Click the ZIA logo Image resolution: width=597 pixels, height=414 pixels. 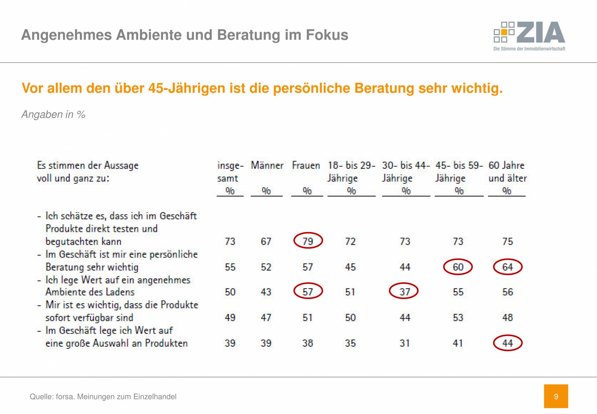(x=529, y=35)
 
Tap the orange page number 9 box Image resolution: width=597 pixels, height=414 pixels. (x=556, y=396)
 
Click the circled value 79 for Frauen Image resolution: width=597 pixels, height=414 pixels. (x=308, y=241)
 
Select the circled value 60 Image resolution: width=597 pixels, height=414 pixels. (x=458, y=267)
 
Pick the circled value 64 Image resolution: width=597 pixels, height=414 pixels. (x=507, y=267)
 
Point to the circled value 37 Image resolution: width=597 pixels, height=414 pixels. (x=404, y=292)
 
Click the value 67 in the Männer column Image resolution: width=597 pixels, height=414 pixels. (x=266, y=241)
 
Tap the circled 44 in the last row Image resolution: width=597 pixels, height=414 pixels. (x=507, y=343)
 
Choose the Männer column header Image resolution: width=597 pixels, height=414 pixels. (x=267, y=165)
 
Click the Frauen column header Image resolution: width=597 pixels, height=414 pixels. (x=306, y=165)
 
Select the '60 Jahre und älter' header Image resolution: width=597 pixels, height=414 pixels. (x=507, y=172)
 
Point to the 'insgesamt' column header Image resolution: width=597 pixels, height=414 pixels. (x=230, y=172)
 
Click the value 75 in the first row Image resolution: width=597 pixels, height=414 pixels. (x=507, y=241)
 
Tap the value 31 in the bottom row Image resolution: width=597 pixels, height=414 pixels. (x=405, y=343)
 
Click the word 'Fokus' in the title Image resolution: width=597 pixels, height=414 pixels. (x=327, y=35)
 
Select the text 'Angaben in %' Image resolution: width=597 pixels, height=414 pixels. (x=53, y=114)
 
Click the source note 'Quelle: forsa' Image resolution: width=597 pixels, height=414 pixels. (x=103, y=397)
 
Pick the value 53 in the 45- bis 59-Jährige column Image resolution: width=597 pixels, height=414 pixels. (x=458, y=317)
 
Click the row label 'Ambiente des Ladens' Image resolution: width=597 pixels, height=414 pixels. (x=90, y=292)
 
